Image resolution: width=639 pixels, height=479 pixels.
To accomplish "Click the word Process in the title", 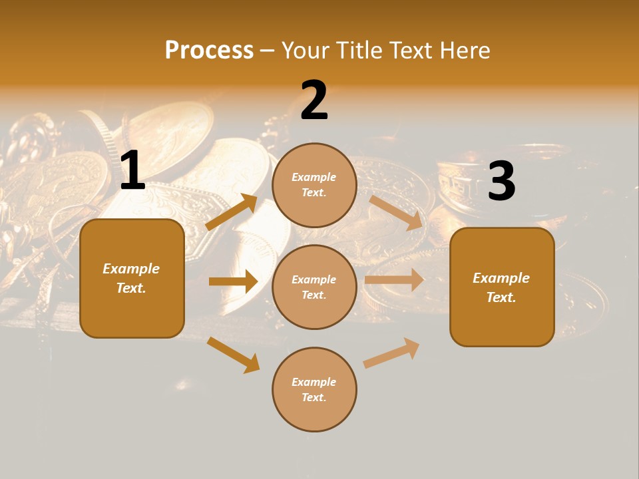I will click(x=209, y=51).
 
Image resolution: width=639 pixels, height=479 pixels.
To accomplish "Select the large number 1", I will click(x=132, y=171).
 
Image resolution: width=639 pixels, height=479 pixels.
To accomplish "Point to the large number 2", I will click(x=314, y=100).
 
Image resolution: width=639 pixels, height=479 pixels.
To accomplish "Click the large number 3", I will click(x=501, y=181).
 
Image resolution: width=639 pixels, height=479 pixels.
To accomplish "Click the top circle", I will click(x=314, y=185).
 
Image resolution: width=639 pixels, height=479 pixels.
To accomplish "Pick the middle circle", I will click(x=314, y=287).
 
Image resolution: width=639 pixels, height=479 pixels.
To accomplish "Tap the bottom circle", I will click(x=314, y=389).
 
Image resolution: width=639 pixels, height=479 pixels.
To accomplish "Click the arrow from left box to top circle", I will click(x=232, y=212).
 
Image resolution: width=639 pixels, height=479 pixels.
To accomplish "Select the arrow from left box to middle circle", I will click(x=233, y=281).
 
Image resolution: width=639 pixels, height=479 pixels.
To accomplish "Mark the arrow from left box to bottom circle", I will click(x=234, y=355).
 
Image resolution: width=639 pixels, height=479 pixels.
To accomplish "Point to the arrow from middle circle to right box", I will click(x=394, y=280).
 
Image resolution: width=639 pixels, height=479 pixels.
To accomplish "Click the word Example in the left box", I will click(x=131, y=269).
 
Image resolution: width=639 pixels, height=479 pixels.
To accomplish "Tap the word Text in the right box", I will click(x=501, y=297).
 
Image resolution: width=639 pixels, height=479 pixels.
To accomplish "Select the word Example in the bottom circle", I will click(x=314, y=382).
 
